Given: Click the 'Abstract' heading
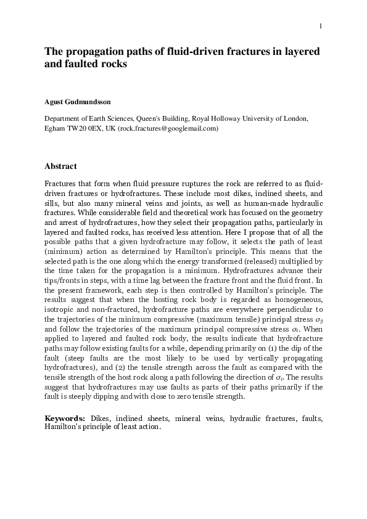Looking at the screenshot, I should click(x=60, y=166).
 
